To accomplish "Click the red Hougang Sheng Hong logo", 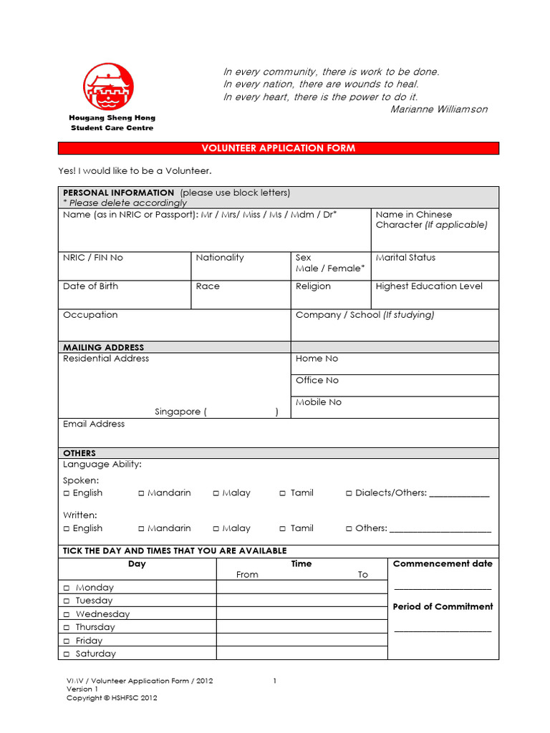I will (109, 88).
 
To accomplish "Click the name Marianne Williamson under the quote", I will (439, 109).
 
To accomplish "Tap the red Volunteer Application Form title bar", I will (278, 148).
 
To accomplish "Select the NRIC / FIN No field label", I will (93, 258).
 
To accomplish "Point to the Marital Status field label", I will (405, 258).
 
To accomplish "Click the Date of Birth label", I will (91, 286).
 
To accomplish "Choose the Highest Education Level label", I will (429, 286).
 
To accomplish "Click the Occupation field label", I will (90, 315).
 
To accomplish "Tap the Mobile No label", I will (319, 402).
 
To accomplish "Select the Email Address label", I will (94, 424).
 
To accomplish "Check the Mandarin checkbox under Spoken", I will (142, 493).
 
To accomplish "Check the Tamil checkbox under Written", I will (284, 528).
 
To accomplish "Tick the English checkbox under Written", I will (67, 528).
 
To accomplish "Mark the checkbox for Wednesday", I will (67, 614).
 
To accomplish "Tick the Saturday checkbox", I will (67, 654).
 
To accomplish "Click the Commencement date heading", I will (443, 564).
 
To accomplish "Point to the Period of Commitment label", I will (443, 606).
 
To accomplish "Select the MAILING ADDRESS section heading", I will (103, 347).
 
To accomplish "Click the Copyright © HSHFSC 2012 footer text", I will (112, 698).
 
